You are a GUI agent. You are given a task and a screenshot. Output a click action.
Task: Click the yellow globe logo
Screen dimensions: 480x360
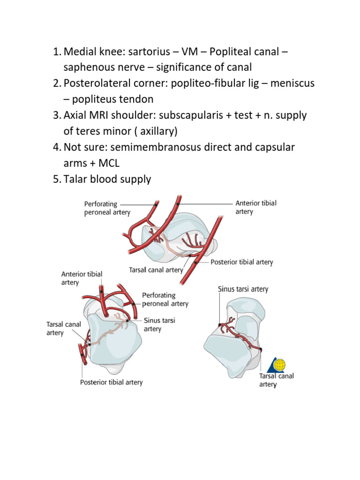point(279,364)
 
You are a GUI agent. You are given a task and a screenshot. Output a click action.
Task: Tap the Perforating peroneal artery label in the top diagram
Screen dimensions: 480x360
point(107,208)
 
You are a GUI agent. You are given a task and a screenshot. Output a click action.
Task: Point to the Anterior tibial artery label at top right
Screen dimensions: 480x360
point(256,207)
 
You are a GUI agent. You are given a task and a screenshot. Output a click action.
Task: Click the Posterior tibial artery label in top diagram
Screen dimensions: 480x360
point(241,262)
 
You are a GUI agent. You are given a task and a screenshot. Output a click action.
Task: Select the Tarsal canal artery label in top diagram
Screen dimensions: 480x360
point(156,270)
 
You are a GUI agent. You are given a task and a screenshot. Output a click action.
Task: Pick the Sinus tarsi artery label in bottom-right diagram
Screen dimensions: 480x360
point(243,289)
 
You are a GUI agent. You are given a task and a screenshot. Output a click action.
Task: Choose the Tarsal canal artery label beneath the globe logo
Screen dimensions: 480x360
point(277,380)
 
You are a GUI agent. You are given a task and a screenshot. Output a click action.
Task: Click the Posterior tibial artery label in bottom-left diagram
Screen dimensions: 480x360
point(111,382)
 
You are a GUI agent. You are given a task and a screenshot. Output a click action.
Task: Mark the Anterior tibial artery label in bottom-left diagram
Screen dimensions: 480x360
point(82,278)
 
